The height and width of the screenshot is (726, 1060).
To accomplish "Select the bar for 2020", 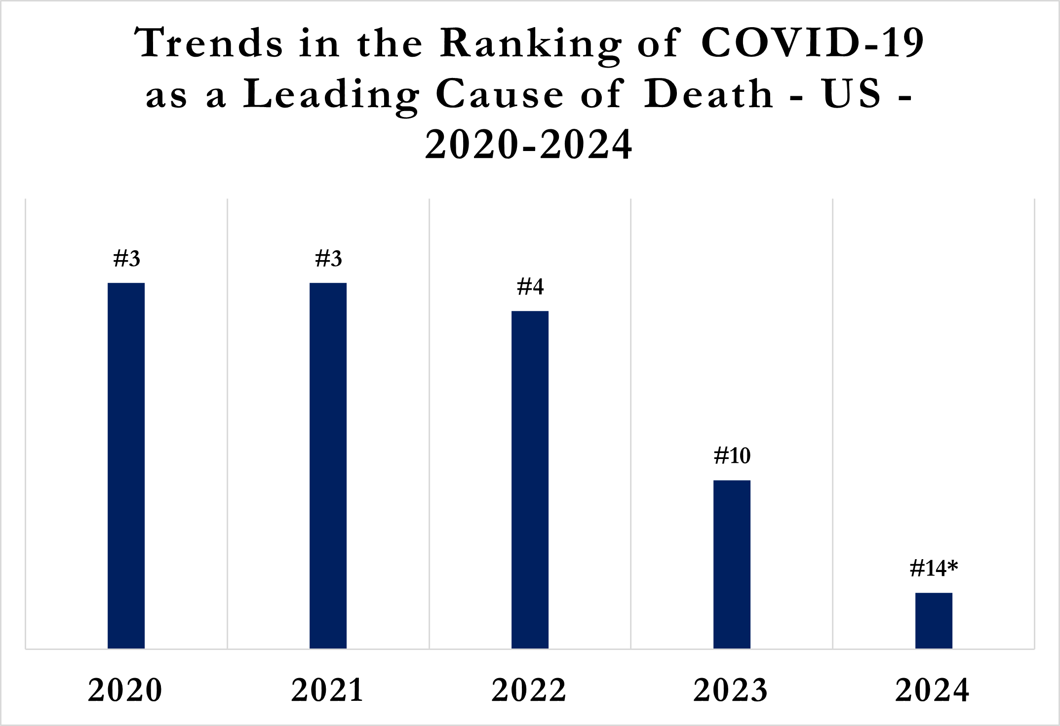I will [126, 465].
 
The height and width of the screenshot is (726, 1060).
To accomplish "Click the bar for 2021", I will [328, 465].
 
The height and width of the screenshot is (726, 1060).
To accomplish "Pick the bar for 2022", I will [530, 479].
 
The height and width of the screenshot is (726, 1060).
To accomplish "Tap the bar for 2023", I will [732, 564].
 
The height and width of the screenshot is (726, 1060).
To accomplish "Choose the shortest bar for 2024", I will [934, 620].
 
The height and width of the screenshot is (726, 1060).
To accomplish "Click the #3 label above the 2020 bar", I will [126, 259].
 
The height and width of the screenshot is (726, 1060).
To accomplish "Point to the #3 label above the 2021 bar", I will [328, 259].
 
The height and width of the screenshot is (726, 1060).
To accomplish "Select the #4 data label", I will [530, 287].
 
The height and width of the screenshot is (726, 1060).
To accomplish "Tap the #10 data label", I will [732, 456].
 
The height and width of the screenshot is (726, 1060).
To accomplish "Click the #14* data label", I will [934, 569].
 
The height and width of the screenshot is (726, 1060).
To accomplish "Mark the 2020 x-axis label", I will [125, 690].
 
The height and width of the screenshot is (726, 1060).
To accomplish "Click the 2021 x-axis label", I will [327, 690].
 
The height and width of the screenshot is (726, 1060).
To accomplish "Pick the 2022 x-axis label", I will [529, 690].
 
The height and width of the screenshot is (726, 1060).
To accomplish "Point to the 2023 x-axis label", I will [731, 690].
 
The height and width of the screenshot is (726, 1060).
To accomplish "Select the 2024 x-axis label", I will [933, 690].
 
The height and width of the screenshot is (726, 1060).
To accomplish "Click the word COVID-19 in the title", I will [812, 43].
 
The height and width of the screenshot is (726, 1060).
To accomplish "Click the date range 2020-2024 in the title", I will [529, 145].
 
